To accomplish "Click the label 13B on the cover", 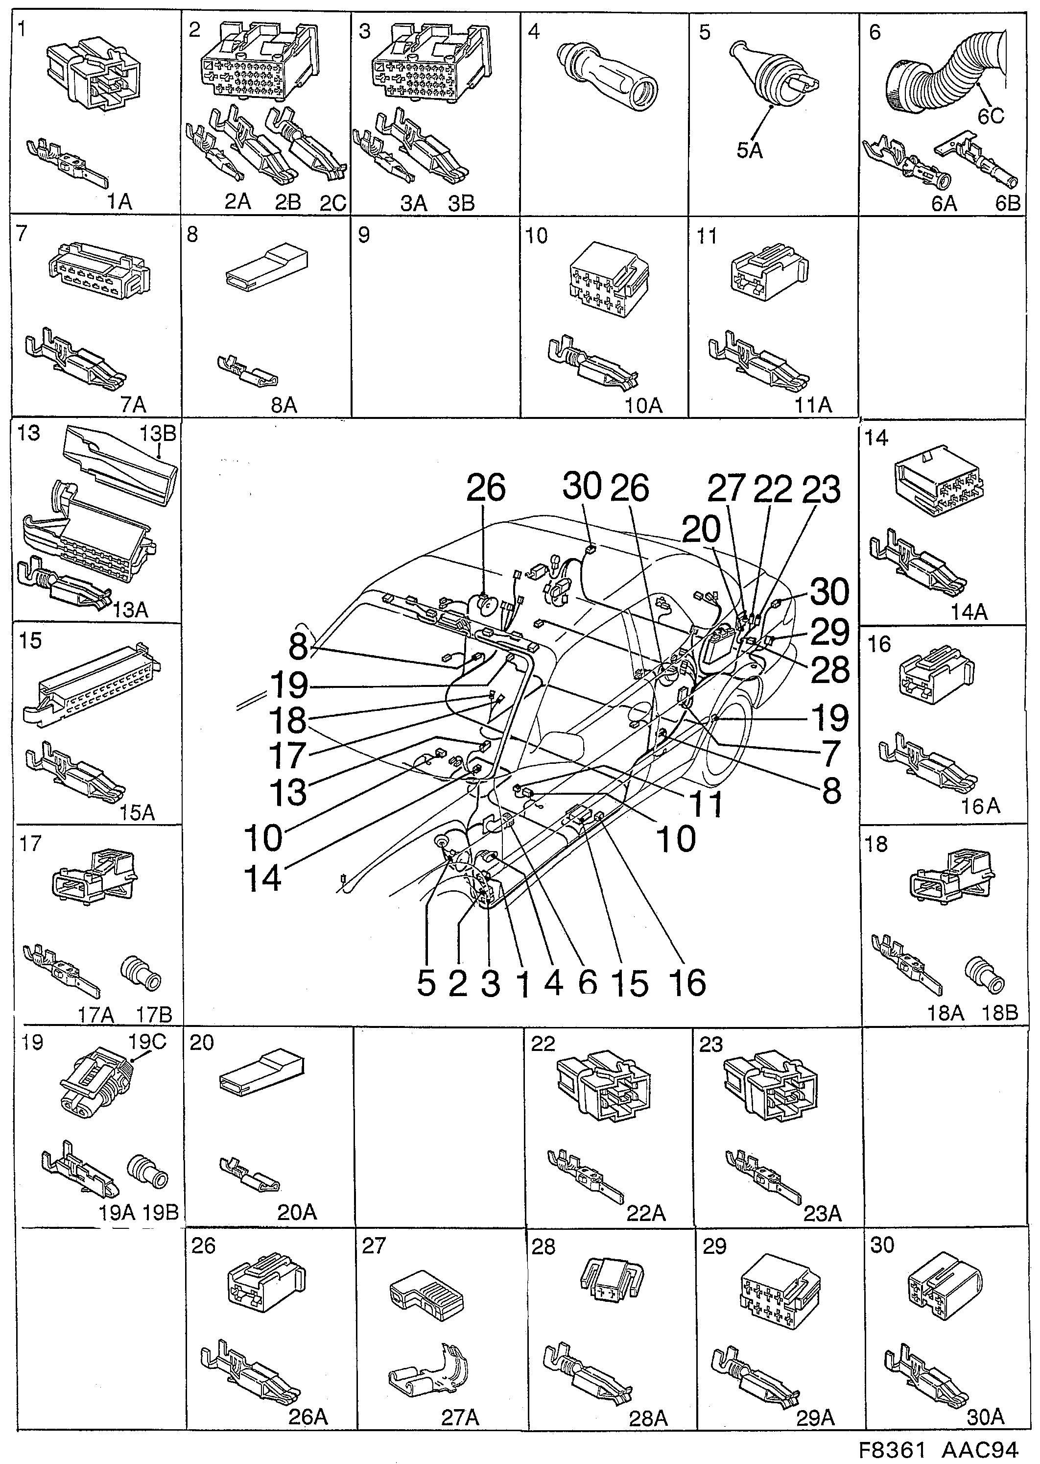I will pyautogui.click(x=158, y=434).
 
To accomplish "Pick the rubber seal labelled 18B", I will pyautogui.click(x=984, y=976).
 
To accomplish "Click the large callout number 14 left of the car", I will pyautogui.click(x=262, y=877).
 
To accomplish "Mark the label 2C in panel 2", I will pyautogui.click(x=333, y=203).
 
